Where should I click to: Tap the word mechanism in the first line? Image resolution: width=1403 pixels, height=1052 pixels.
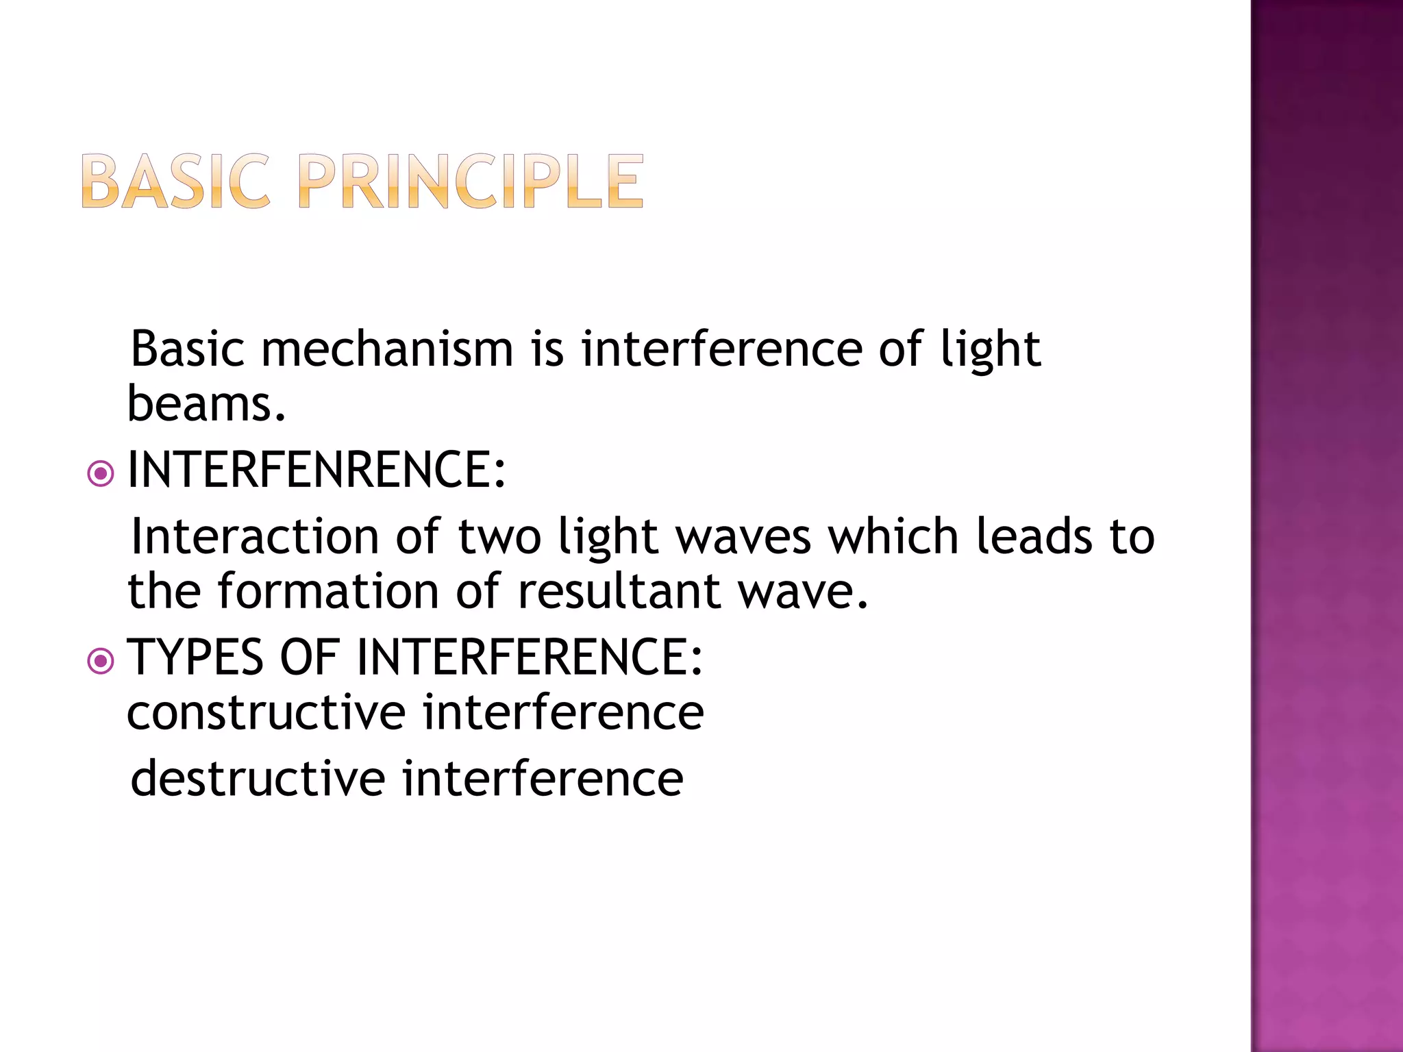tap(386, 349)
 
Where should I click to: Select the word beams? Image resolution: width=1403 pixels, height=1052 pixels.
tap(206, 404)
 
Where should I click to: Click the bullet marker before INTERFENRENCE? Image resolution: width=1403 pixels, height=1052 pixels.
tap(101, 473)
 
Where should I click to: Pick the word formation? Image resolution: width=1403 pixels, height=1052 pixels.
tap(328, 591)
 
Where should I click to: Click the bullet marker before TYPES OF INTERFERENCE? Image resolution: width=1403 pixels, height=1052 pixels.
tap(101, 661)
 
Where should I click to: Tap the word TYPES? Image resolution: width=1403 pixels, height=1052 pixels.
tap(196, 658)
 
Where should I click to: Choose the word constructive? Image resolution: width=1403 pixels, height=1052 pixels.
tap(266, 713)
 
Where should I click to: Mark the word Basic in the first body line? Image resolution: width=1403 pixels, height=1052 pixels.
tap(187, 349)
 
